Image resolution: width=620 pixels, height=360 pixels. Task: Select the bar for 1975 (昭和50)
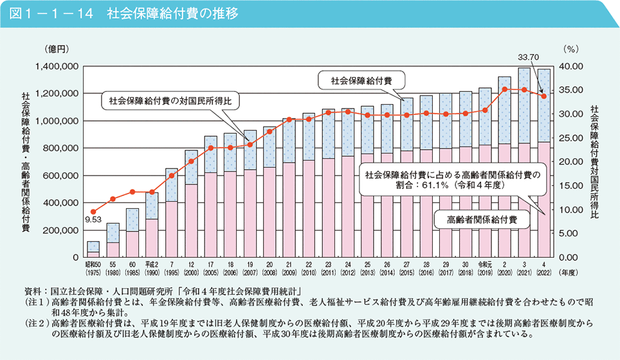point(93,250)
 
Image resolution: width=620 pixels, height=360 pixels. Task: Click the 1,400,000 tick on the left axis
point(57,66)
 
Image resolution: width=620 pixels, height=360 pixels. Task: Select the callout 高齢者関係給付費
point(482,219)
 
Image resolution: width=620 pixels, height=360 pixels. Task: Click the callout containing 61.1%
point(451,179)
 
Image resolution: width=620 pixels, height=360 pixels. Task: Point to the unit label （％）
point(570,49)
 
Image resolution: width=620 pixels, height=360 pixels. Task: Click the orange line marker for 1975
point(93,212)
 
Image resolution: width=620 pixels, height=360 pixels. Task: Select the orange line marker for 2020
point(505,89)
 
